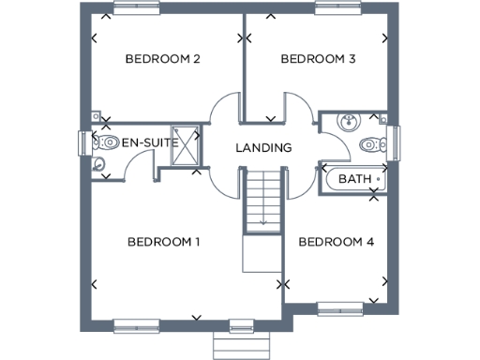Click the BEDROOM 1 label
164,242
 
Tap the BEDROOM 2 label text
164,59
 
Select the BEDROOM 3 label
318,59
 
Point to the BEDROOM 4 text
337,242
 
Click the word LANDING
263,148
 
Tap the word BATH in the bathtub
354,178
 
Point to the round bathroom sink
348,121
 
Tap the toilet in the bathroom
372,145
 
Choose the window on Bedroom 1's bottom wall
139,326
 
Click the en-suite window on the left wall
82,144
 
